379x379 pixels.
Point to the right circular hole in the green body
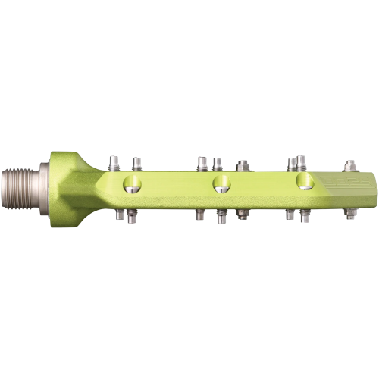point(305,181)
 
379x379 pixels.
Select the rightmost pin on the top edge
point(349,164)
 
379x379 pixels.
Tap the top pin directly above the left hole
point(137,162)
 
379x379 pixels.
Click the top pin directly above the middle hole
point(218,162)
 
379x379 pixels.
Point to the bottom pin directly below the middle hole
point(221,217)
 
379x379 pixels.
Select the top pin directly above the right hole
point(302,161)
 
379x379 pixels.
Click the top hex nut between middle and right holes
point(243,164)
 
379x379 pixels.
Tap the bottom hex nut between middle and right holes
point(243,214)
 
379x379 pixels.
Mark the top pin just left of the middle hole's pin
point(202,162)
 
